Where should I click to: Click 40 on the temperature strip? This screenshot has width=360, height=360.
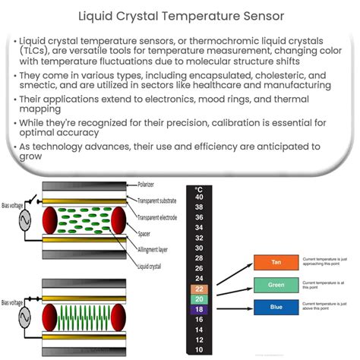198,197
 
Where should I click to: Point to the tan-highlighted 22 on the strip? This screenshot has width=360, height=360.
198,289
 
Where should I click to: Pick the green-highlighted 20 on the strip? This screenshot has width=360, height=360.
198,299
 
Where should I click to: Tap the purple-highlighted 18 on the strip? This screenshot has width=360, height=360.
198,310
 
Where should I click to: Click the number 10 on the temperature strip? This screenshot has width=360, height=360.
198,350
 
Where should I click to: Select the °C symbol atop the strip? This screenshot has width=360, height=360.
198,188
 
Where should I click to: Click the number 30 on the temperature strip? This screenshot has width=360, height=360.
198,248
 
